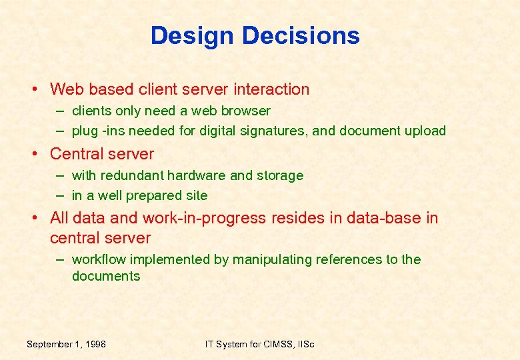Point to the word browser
pos(246,111)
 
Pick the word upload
pos(425,131)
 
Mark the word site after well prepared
pos(197,195)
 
